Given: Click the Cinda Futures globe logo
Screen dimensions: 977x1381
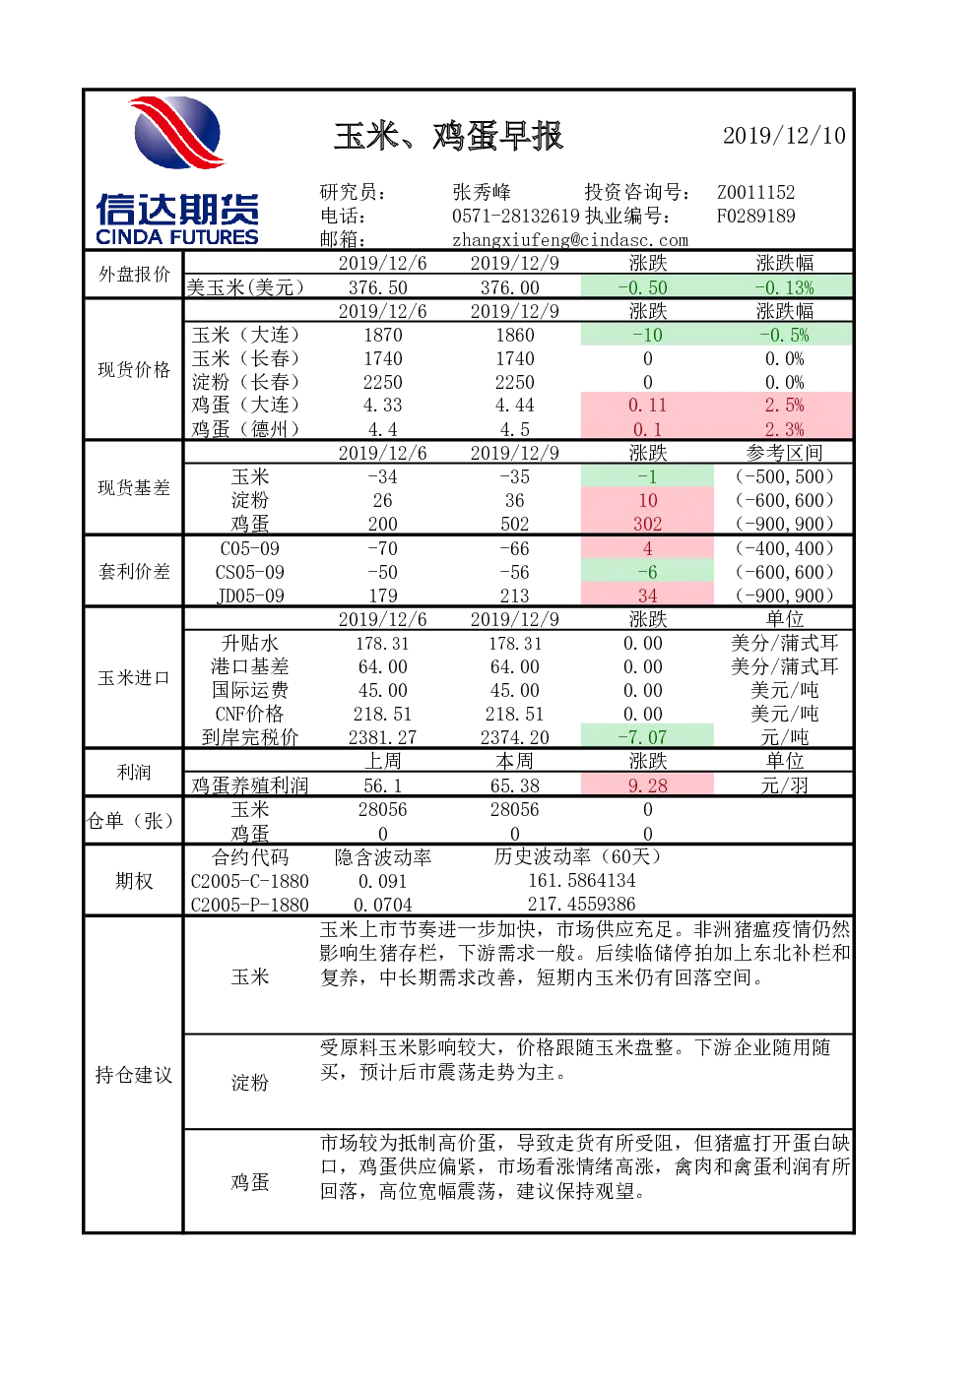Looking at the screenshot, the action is pos(177,133).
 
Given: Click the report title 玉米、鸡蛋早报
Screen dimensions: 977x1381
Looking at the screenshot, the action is pos(448,136).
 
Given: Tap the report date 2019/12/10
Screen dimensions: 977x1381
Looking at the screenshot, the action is pos(784,136).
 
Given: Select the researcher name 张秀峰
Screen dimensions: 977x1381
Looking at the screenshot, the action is pos(482,192).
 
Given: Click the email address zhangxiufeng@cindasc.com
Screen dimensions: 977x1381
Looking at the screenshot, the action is pos(570,240).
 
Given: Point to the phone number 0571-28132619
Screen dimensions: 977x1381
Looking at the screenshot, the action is pos(516,216).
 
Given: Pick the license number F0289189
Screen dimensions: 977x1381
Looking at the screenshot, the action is pos(755,216).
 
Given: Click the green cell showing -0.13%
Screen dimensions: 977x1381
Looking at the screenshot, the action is pos(784,287).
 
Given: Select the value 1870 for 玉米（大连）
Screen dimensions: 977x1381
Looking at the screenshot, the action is pos(382,335).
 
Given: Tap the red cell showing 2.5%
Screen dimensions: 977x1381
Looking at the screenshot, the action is pos(784,406).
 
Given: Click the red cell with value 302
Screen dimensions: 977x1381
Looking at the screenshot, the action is pos(647,524).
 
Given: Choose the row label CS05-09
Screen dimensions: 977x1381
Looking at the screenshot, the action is pos(249,572).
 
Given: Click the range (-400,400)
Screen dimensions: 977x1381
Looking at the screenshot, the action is pos(784,548).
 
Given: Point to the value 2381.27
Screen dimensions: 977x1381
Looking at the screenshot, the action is pos(382,736).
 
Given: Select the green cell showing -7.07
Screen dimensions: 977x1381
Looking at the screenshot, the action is pos(647,736).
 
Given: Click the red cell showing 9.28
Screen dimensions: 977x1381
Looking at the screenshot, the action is pos(647,785).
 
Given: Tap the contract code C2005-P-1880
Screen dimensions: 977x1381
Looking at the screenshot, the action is pos(249,905).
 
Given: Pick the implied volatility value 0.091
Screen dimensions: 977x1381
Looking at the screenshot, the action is pos(382,881).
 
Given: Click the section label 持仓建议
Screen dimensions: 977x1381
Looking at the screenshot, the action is pos(133,1075).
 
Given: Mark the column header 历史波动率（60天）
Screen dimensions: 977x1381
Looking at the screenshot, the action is pos(577,856).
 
